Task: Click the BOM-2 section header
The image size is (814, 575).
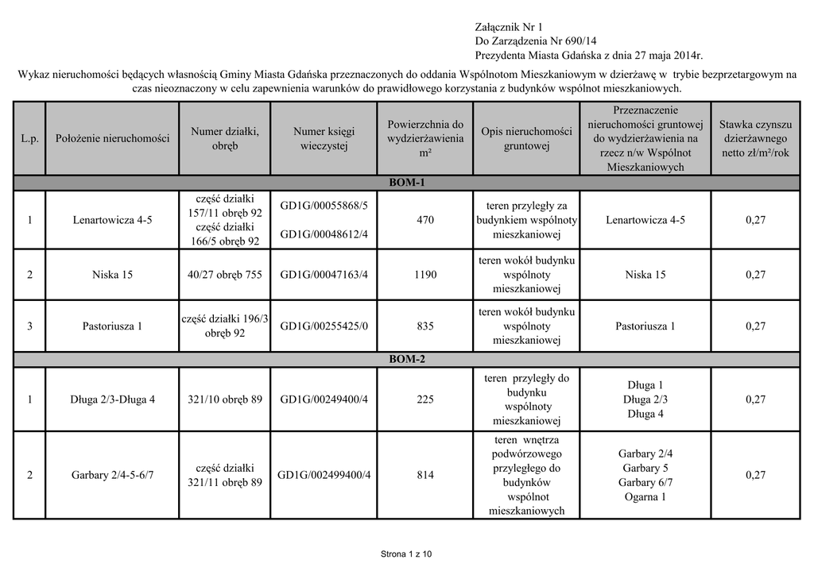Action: (x=407, y=359)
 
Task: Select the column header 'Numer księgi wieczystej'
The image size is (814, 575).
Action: (x=324, y=138)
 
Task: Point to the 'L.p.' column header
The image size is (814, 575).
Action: (x=29, y=138)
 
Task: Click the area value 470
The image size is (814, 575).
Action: (x=425, y=220)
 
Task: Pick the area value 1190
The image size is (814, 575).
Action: (x=425, y=275)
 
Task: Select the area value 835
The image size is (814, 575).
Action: (x=425, y=326)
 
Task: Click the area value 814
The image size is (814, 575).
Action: (x=425, y=475)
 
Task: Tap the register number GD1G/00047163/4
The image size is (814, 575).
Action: (x=324, y=275)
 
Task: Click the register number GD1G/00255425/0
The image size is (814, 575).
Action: (x=324, y=326)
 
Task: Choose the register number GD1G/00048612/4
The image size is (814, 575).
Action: (x=324, y=234)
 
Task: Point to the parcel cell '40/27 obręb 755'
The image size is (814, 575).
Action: (x=225, y=275)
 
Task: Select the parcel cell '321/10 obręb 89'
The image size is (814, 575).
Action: (x=225, y=399)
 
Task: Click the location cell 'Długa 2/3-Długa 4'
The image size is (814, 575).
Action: (x=112, y=399)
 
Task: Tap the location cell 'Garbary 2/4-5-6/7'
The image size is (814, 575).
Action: (x=112, y=475)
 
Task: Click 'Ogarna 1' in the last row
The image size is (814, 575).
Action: (x=645, y=497)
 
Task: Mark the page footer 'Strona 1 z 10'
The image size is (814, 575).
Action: (x=407, y=554)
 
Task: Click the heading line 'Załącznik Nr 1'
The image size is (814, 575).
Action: (x=508, y=27)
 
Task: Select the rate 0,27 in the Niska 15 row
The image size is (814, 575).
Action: (x=755, y=275)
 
